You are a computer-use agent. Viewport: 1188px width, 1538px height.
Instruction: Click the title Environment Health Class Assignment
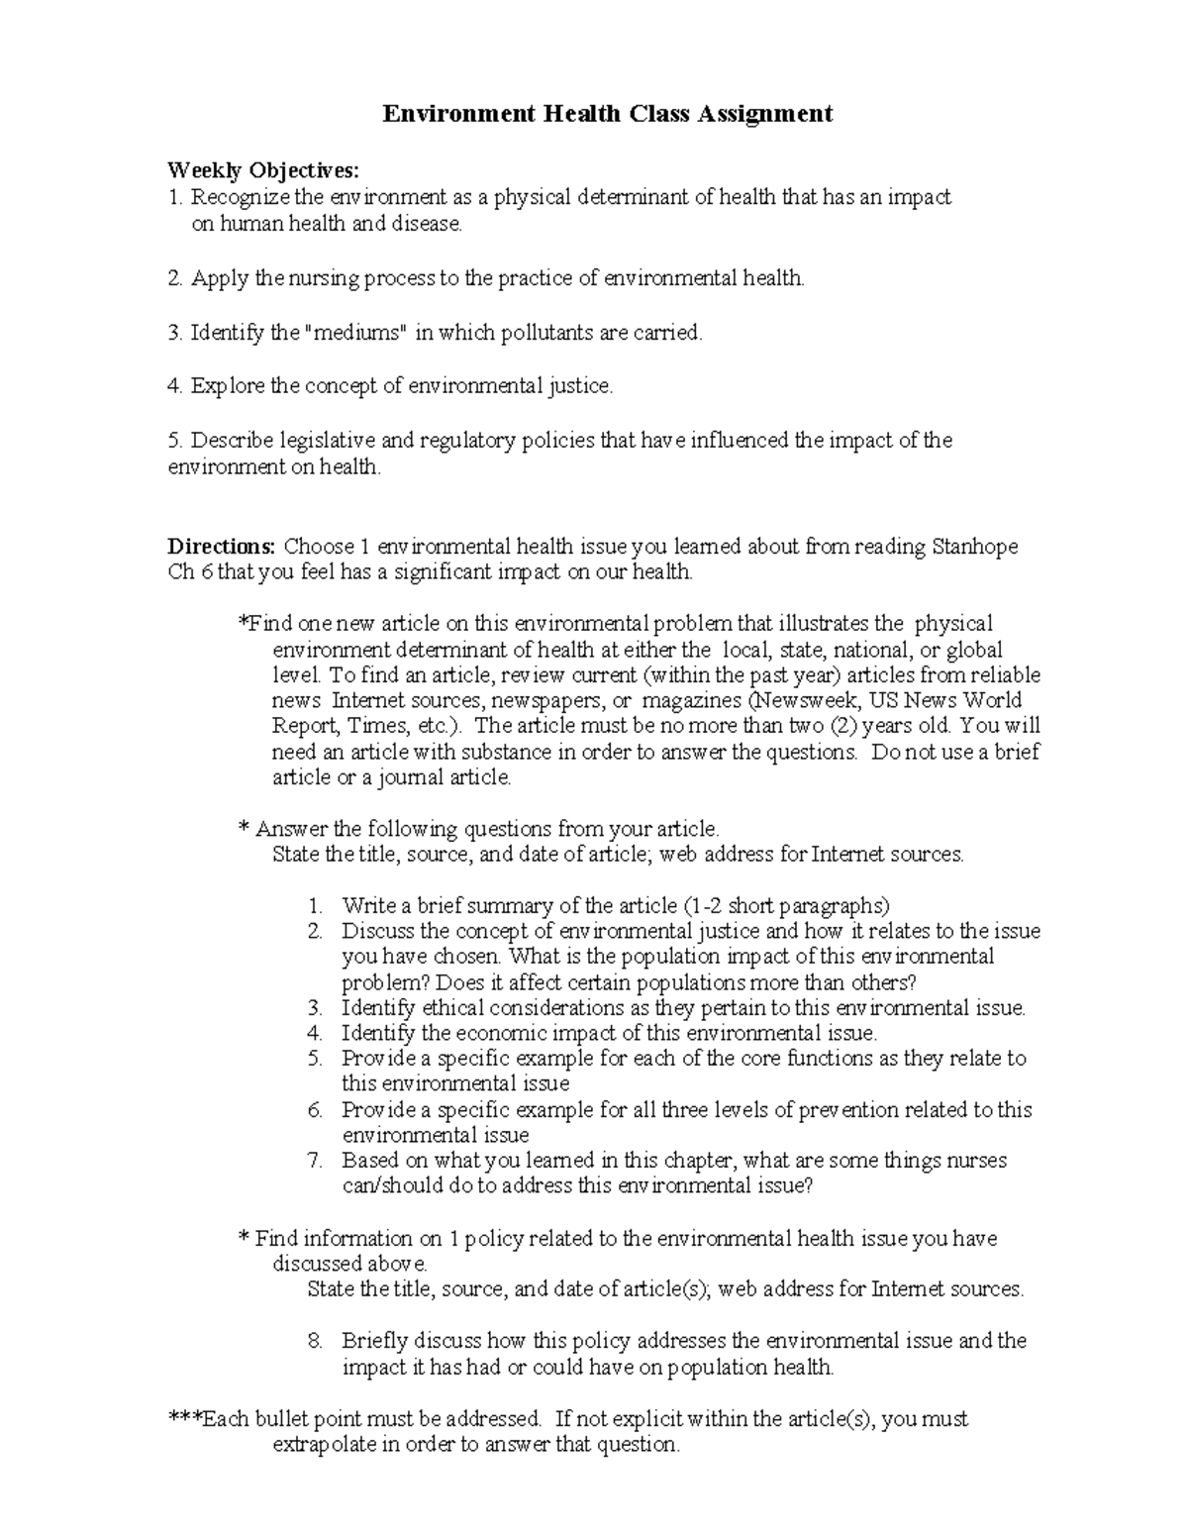tap(608, 114)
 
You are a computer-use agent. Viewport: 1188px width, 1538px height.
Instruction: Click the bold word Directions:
tap(222, 546)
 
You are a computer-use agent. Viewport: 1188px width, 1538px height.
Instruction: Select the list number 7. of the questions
tap(315, 1161)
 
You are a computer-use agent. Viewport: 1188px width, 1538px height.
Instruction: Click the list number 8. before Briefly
tap(315, 1341)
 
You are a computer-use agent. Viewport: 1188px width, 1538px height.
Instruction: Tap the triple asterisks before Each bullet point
tap(184, 1418)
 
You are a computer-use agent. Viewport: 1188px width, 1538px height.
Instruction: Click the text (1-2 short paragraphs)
tap(787, 905)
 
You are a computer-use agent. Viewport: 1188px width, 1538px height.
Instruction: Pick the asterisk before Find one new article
tap(243, 624)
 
